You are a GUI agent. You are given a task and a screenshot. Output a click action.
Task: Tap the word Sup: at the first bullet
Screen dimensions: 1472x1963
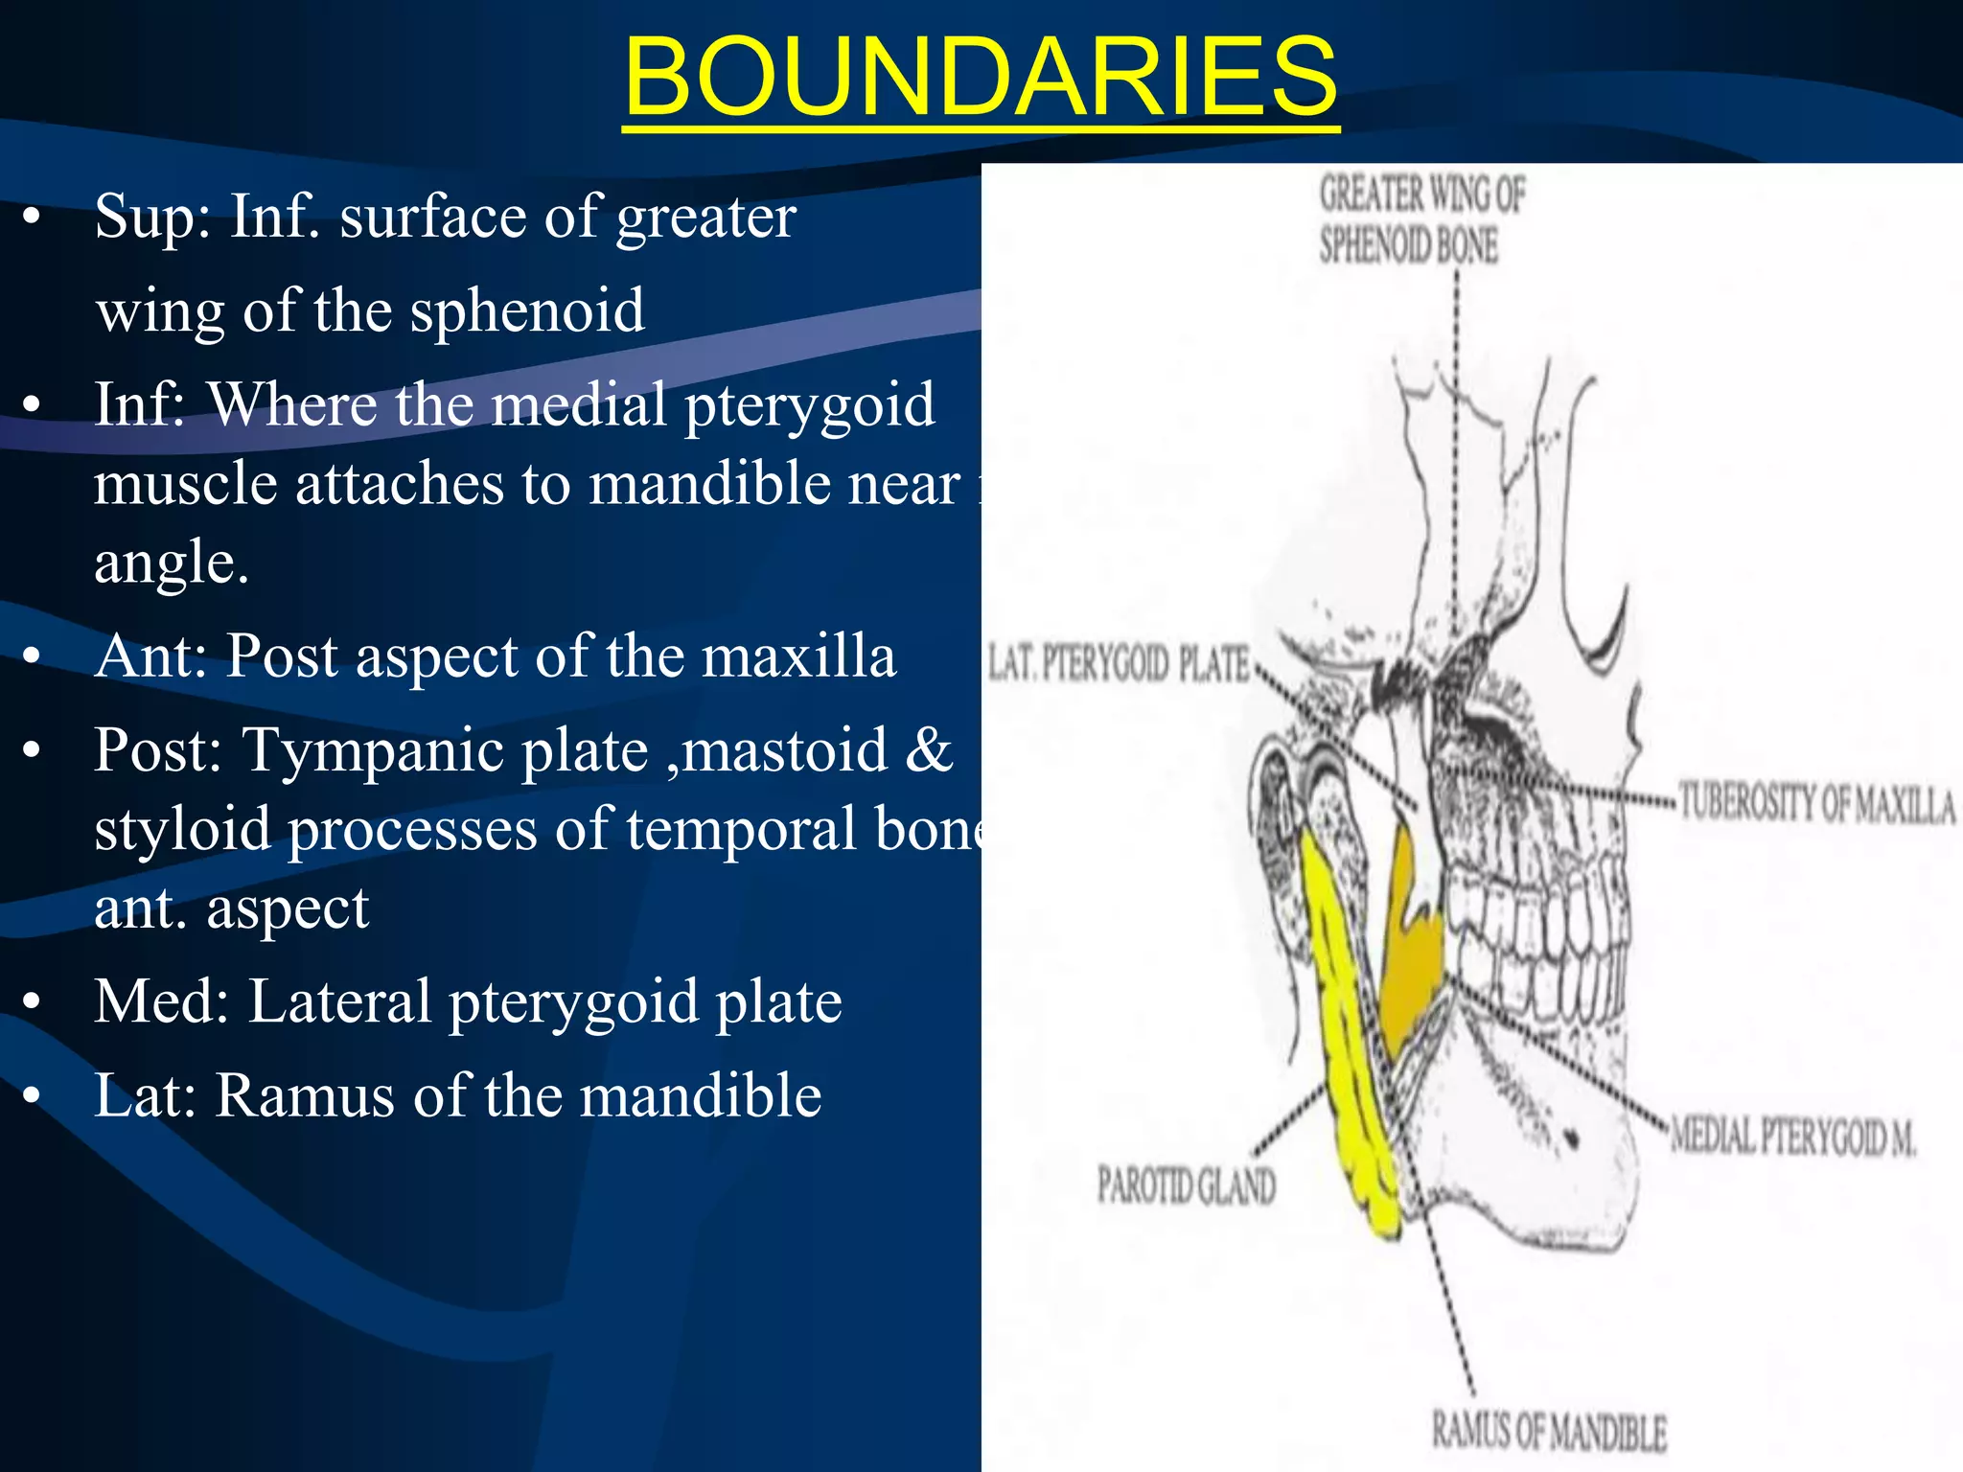click(x=152, y=217)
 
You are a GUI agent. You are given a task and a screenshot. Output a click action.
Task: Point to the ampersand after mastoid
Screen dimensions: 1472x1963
click(x=928, y=750)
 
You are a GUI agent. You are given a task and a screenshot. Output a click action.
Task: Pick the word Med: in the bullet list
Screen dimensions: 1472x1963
click(x=161, y=1001)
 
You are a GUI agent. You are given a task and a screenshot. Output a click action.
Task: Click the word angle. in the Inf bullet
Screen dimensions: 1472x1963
click(x=172, y=563)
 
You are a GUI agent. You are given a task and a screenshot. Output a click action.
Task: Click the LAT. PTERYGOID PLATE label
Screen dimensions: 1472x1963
click(x=1118, y=663)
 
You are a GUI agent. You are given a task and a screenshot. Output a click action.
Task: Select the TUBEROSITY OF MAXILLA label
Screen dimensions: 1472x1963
click(x=1815, y=804)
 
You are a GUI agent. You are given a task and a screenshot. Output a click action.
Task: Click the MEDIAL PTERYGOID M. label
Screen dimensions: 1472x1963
click(x=1792, y=1137)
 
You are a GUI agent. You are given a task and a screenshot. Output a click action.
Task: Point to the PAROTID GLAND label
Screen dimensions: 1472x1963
click(x=1186, y=1186)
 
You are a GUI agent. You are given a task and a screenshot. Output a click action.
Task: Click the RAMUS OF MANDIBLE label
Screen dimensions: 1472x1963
click(x=1548, y=1432)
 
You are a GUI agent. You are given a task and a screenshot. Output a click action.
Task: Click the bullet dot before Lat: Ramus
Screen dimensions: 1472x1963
click(x=33, y=1095)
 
